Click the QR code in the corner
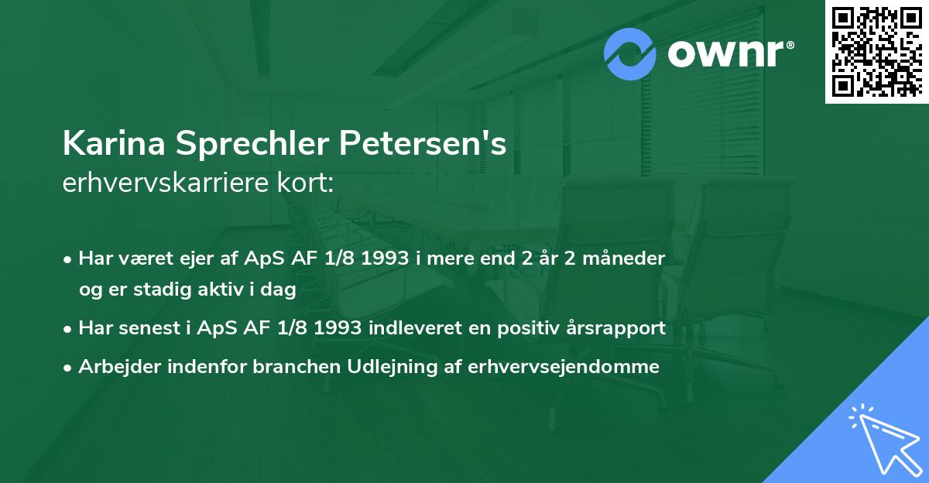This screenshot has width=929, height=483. pos(876,51)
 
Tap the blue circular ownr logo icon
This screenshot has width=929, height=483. pos(630,54)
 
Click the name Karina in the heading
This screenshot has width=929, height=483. pos(114,144)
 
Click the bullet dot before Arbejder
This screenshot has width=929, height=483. pos(69,368)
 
